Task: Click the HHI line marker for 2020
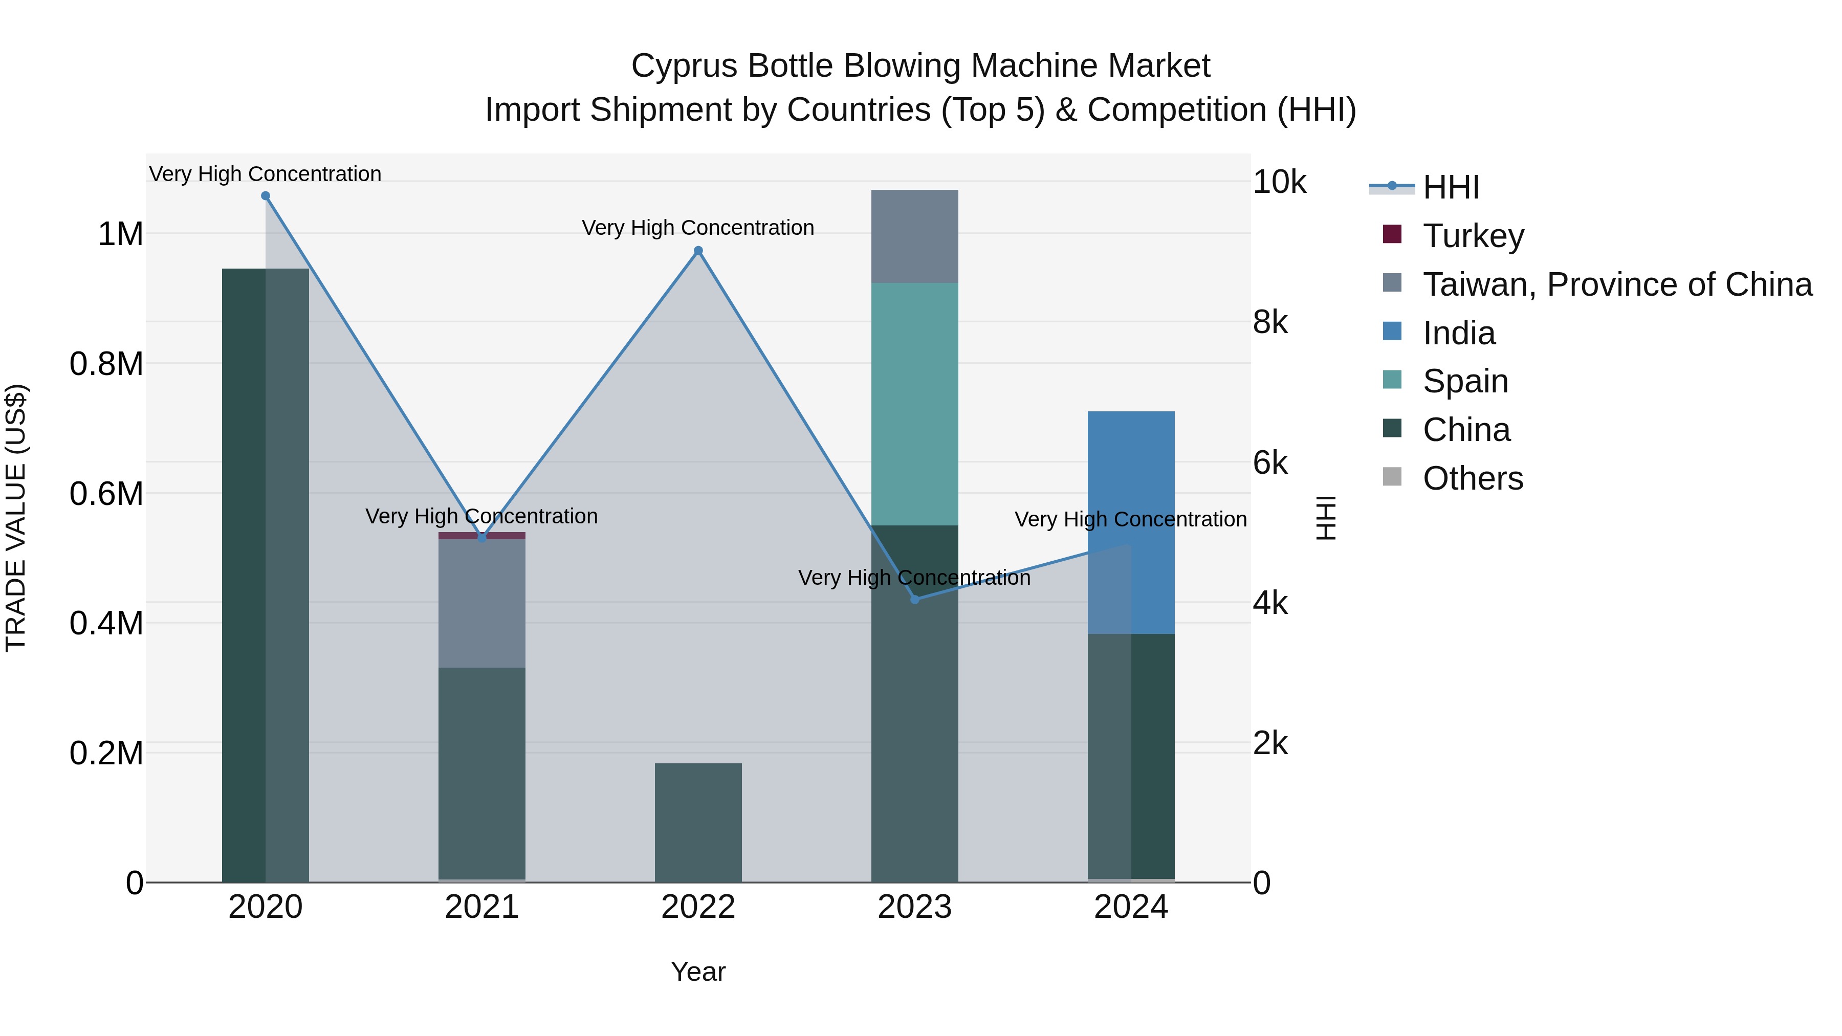point(265,196)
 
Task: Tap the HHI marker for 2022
point(698,251)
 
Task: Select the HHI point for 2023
point(914,599)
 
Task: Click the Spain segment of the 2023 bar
point(914,404)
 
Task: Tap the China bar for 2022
point(698,822)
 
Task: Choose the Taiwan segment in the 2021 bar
point(482,604)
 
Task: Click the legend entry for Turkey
point(1473,236)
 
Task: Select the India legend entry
point(1459,333)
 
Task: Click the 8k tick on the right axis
point(1270,322)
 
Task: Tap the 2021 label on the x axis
point(482,907)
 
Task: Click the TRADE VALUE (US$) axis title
point(16,518)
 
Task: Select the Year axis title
point(698,972)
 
